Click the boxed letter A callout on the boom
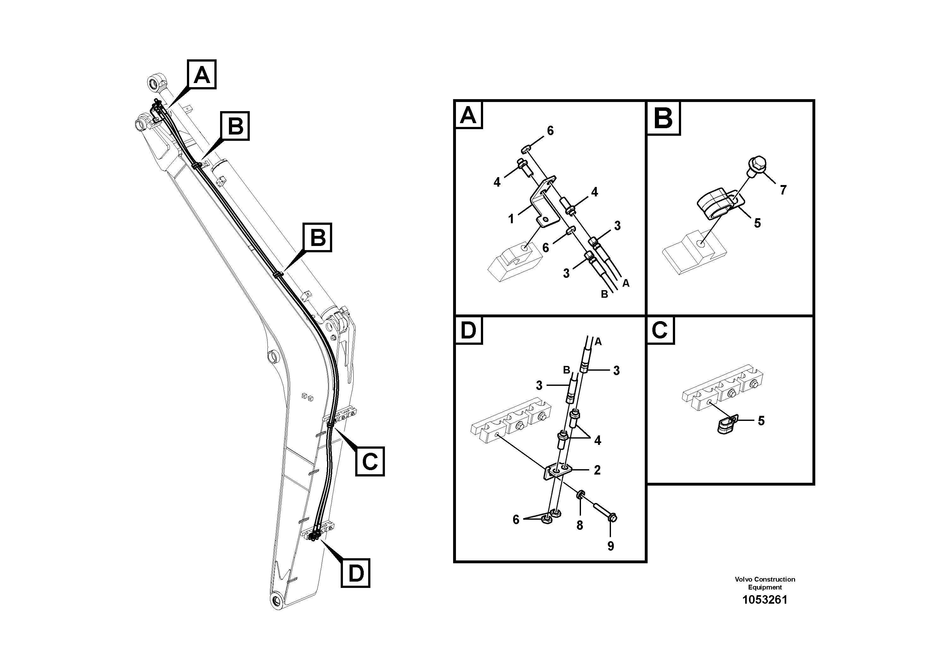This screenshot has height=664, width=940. [201, 75]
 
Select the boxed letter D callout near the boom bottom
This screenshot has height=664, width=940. [355, 573]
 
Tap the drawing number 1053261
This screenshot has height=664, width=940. [765, 600]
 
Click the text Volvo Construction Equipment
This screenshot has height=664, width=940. [765, 583]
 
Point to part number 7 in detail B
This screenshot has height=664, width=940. [783, 190]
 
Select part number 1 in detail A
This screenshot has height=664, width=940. [511, 219]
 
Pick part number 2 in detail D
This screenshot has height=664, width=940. [597, 470]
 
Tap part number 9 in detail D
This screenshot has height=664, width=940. [610, 546]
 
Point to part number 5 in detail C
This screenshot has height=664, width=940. [761, 421]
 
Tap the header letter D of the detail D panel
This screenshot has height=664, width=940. [468, 330]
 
